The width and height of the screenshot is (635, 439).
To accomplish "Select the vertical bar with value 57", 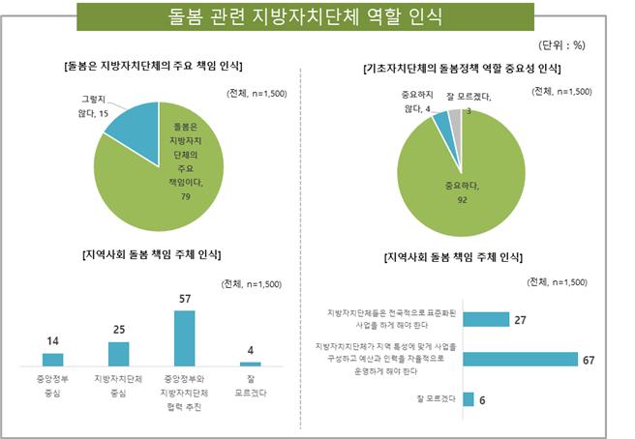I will (x=184, y=337).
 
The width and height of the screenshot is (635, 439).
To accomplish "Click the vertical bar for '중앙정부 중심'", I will (x=53, y=359).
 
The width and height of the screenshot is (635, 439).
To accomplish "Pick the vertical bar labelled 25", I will (x=118, y=354).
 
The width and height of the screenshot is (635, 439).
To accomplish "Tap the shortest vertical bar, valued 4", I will (x=250, y=364).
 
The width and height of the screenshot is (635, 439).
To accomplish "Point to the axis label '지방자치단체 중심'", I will (x=118, y=386).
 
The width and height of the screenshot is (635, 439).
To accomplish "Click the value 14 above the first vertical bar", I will (x=52, y=341).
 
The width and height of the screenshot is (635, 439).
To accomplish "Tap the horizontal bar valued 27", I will (x=486, y=319).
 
